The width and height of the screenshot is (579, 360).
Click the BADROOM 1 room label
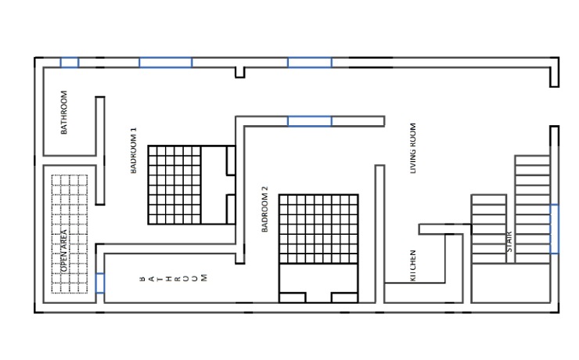(134, 150)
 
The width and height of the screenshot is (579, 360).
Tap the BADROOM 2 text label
(264, 209)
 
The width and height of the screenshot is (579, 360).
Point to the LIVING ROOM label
(413, 148)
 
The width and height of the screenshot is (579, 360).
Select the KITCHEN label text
(413, 266)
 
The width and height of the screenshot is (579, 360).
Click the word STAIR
(509, 242)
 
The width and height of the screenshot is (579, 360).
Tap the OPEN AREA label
(64, 250)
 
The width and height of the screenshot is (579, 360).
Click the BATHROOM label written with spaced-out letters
(173, 278)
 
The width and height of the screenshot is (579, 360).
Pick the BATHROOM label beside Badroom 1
(64, 112)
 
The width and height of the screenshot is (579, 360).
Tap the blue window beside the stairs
(554, 229)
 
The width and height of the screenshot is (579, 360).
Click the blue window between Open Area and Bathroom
(100, 283)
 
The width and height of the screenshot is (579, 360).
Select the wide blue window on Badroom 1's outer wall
(165, 63)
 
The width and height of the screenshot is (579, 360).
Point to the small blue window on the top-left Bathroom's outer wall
(70, 63)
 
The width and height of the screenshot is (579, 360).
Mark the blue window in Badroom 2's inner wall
(310, 121)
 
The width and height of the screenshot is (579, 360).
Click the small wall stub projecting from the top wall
(240, 72)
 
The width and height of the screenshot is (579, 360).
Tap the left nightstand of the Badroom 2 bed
(293, 297)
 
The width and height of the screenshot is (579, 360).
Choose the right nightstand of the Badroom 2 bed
(345, 297)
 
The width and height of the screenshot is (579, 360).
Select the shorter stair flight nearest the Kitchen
(488, 229)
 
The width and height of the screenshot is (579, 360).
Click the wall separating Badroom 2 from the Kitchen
(380, 234)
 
